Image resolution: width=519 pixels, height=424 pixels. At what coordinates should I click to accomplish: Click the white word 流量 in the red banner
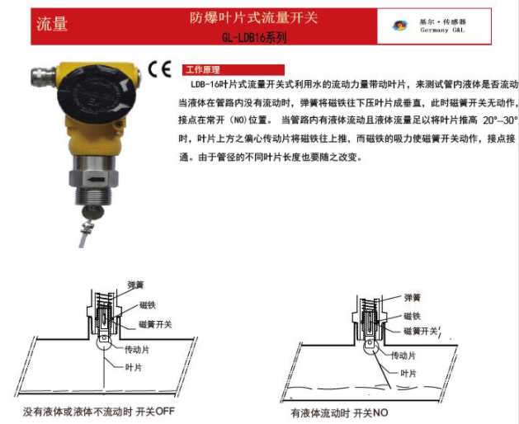[52, 24]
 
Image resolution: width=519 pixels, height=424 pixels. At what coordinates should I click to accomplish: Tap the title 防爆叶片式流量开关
[254, 17]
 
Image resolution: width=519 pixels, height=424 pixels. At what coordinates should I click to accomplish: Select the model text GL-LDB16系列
[254, 38]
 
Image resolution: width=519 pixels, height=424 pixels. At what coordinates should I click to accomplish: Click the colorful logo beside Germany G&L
[399, 26]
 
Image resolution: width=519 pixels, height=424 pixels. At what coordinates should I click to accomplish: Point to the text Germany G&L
[442, 31]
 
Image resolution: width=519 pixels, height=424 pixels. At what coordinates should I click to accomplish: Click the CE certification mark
[160, 68]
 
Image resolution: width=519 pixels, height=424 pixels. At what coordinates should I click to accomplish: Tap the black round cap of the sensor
[97, 94]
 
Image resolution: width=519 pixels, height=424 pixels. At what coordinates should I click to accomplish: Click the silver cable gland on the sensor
[43, 77]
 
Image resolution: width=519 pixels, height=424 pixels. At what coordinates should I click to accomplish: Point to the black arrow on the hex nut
[97, 180]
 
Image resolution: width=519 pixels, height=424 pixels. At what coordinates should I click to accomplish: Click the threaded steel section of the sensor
[94, 196]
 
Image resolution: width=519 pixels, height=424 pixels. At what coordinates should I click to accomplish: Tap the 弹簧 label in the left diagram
[135, 285]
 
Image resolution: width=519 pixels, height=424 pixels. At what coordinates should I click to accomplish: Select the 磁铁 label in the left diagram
[148, 305]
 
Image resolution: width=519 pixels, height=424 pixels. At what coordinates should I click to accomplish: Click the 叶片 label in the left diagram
[134, 367]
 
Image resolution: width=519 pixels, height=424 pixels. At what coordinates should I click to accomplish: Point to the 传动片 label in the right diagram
[403, 356]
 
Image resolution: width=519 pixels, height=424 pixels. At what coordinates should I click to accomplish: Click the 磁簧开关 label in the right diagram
[421, 331]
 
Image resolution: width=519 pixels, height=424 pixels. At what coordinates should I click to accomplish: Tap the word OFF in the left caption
[165, 412]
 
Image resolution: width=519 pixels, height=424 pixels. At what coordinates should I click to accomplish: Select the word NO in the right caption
[380, 412]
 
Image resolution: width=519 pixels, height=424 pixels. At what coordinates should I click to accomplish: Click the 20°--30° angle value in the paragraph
[500, 120]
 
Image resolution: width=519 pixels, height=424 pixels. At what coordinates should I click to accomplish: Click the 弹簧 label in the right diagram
[412, 298]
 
